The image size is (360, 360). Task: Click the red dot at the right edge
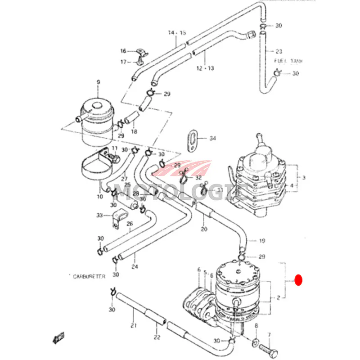pyautogui.click(x=298, y=280)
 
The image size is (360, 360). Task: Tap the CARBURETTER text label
pyautogui.click(x=89, y=276)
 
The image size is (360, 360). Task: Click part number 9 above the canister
pyautogui.click(x=98, y=82)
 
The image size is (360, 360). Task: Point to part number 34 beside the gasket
pyautogui.click(x=213, y=138)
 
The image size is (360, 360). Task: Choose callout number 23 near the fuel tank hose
pyautogui.click(x=279, y=51)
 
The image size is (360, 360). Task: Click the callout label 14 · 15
pyautogui.click(x=177, y=33)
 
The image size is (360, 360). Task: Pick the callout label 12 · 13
pyautogui.click(x=205, y=68)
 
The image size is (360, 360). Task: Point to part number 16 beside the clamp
pyautogui.click(x=123, y=51)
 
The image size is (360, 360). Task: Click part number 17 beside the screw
pyautogui.click(x=123, y=62)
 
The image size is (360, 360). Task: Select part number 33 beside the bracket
pyautogui.click(x=99, y=215)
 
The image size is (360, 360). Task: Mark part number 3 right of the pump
pyautogui.click(x=303, y=178)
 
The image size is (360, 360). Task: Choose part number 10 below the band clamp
pyautogui.click(x=99, y=196)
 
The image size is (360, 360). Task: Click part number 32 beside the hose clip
pyautogui.click(x=198, y=178)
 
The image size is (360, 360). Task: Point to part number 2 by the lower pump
pyautogui.click(x=279, y=297)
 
